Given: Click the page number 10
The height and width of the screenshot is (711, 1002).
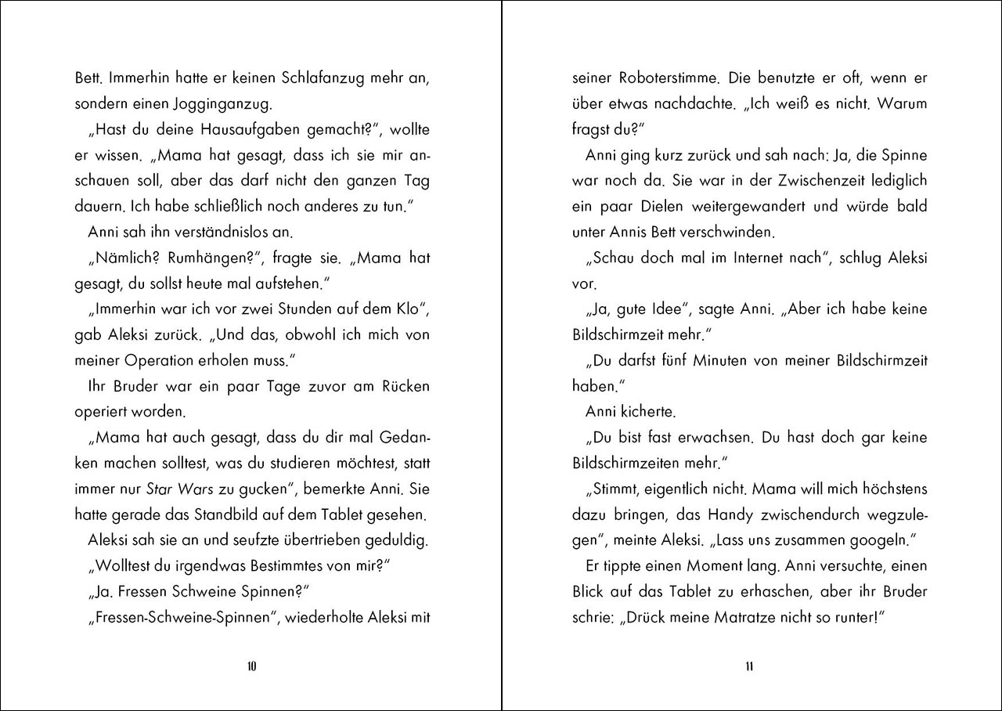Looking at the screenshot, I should (251, 667).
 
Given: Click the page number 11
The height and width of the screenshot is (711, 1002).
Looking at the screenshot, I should (749, 667).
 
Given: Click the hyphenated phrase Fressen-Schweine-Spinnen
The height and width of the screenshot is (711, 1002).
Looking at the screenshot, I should (187, 617).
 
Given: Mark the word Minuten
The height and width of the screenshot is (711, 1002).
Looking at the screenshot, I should (724, 360).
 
